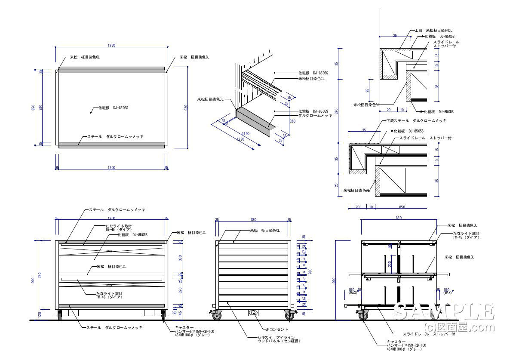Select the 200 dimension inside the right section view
(390, 263)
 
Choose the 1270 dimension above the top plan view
(111, 45)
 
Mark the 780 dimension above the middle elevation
(253, 219)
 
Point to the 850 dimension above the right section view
(398, 218)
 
